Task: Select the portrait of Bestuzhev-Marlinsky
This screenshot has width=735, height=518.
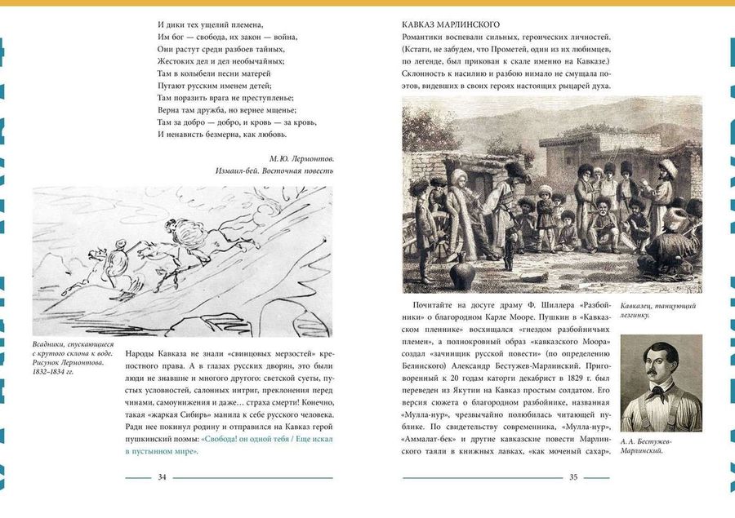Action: tap(661, 383)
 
